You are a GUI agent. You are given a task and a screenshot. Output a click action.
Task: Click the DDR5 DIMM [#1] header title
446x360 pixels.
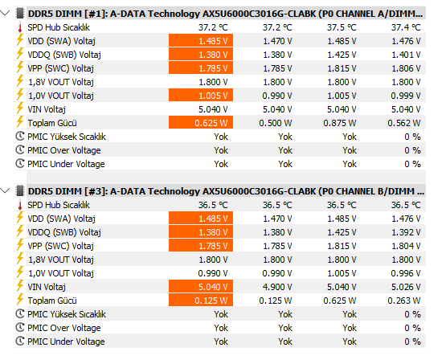pos(225,14)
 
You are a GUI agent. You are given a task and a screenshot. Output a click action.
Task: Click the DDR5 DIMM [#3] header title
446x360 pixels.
pos(226,191)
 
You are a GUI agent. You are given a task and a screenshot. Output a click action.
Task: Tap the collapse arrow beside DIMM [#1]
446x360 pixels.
pos(6,13)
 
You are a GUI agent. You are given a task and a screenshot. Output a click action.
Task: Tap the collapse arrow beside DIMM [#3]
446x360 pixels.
pos(6,190)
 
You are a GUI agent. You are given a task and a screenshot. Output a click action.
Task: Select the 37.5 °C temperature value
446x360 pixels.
pos(342,27)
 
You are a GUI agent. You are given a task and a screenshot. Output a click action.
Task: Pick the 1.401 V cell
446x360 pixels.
pos(406,55)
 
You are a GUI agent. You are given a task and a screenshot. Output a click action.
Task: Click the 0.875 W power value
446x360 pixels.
pos(340,123)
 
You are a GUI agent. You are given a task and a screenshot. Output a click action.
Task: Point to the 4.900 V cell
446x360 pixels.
pos(277,287)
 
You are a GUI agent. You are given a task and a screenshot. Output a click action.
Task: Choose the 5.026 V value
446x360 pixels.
pos(406,287)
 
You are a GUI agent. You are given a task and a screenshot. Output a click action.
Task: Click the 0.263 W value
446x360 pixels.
pos(404,301)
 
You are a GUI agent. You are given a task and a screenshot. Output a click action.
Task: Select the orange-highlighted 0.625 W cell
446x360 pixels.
pos(201,123)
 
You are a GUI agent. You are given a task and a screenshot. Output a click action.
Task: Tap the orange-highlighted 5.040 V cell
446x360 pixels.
pos(201,287)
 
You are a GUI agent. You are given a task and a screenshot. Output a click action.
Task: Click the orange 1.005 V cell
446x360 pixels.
pos(201,96)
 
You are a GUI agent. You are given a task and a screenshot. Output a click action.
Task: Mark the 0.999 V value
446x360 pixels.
pos(406,96)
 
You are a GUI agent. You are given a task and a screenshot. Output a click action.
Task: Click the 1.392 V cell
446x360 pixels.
pos(406,232)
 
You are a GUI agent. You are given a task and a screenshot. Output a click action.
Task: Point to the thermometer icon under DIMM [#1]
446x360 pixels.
pos(20,27)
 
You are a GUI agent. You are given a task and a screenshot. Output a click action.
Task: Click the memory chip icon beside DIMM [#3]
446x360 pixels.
pos(20,190)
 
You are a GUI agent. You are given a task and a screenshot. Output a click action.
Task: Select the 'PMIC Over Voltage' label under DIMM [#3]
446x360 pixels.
pos(64,328)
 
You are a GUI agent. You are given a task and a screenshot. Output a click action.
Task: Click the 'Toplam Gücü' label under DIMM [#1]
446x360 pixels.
pos(52,123)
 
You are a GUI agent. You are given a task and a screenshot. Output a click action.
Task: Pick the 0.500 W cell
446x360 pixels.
pos(276,123)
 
